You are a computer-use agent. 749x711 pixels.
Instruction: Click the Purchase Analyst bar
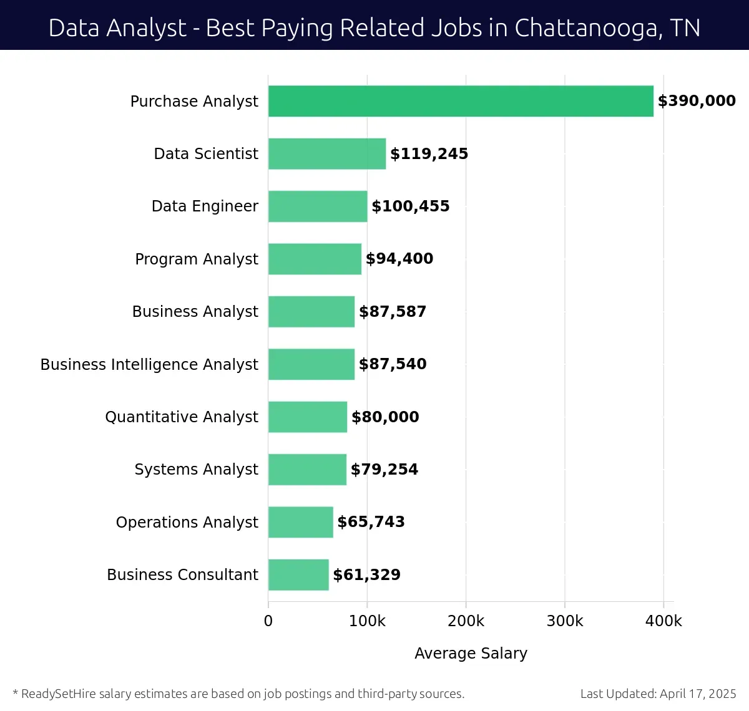(461, 101)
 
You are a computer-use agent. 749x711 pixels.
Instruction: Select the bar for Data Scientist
(327, 153)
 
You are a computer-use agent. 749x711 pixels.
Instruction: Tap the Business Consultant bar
(298, 574)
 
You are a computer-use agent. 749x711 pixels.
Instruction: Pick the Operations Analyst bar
(300, 522)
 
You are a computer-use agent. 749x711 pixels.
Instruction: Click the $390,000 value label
(697, 101)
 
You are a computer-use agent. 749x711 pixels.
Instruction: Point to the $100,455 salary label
(410, 206)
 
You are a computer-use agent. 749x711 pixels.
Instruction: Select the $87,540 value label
(393, 364)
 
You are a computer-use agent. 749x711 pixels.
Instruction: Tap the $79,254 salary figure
(384, 470)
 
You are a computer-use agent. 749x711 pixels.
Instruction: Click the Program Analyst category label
(196, 259)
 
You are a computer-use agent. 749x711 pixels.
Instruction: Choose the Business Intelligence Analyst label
(149, 364)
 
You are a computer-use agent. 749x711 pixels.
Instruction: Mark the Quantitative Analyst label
(181, 417)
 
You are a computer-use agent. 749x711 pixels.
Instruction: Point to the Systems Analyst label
(196, 469)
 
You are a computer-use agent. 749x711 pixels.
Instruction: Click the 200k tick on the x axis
(466, 621)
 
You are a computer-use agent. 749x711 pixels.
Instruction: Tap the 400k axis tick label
(663, 621)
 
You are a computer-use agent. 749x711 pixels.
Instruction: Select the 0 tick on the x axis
(268, 621)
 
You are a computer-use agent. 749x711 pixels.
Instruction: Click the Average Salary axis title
(471, 653)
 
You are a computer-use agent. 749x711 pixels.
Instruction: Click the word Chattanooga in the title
(588, 28)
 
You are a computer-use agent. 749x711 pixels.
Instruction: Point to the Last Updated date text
(658, 694)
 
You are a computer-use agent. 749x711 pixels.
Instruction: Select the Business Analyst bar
(311, 312)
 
